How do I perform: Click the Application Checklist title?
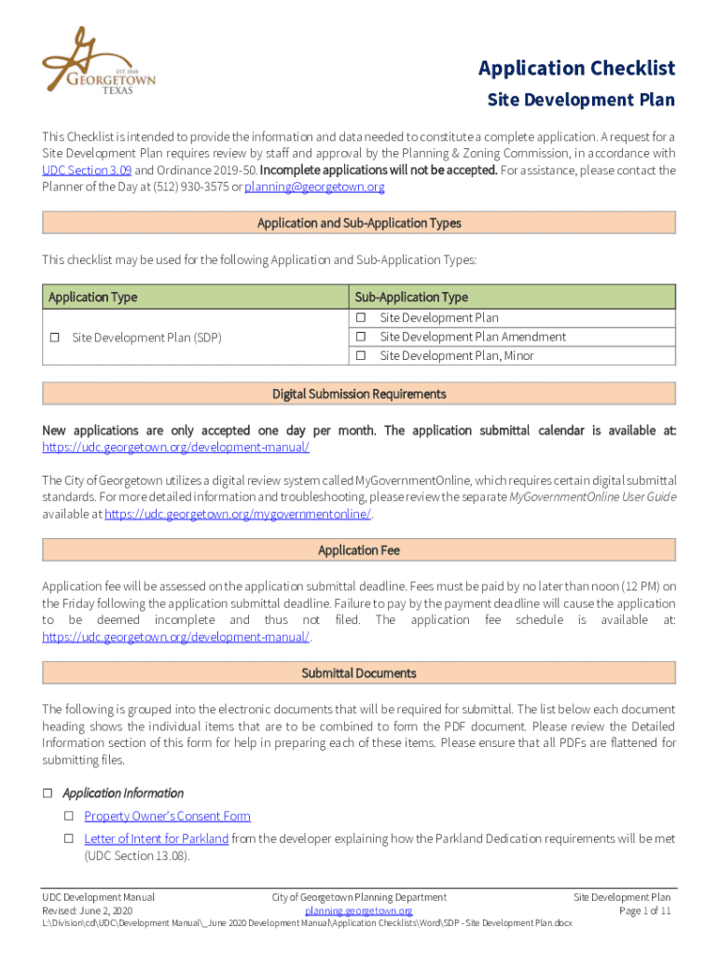tap(576, 68)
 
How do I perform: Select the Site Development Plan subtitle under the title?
tap(581, 100)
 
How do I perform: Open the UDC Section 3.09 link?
tap(87, 171)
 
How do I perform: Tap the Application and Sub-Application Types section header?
tap(359, 223)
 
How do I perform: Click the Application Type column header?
tap(92, 298)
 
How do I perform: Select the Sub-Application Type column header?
tap(410, 298)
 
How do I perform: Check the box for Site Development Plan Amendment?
tap(359, 337)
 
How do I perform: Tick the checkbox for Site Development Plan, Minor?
tap(359, 356)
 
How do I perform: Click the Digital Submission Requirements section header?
tap(359, 394)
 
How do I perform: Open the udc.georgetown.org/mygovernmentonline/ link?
tap(238, 515)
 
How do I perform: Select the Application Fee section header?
tap(359, 550)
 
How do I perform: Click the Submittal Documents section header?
tap(359, 673)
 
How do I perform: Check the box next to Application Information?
tap(48, 794)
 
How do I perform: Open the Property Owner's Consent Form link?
tap(167, 816)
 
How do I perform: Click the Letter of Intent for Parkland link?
tap(156, 839)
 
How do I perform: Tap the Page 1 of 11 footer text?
tap(645, 911)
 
